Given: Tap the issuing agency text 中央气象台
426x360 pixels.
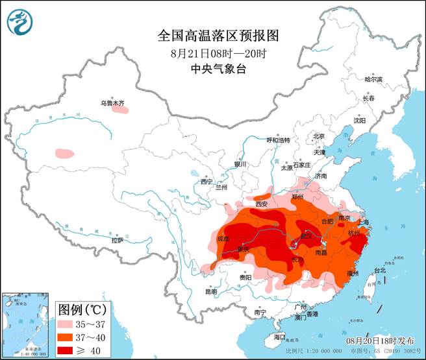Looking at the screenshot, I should click(212, 68).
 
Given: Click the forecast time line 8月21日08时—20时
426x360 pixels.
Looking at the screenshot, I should click(212, 53).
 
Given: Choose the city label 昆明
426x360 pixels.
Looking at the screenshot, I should click(211, 291).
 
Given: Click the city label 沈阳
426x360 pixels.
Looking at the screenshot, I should click(359, 121).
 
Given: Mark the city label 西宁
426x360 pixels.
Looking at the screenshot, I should click(207, 181).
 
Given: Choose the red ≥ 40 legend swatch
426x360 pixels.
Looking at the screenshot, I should click(66, 350).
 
